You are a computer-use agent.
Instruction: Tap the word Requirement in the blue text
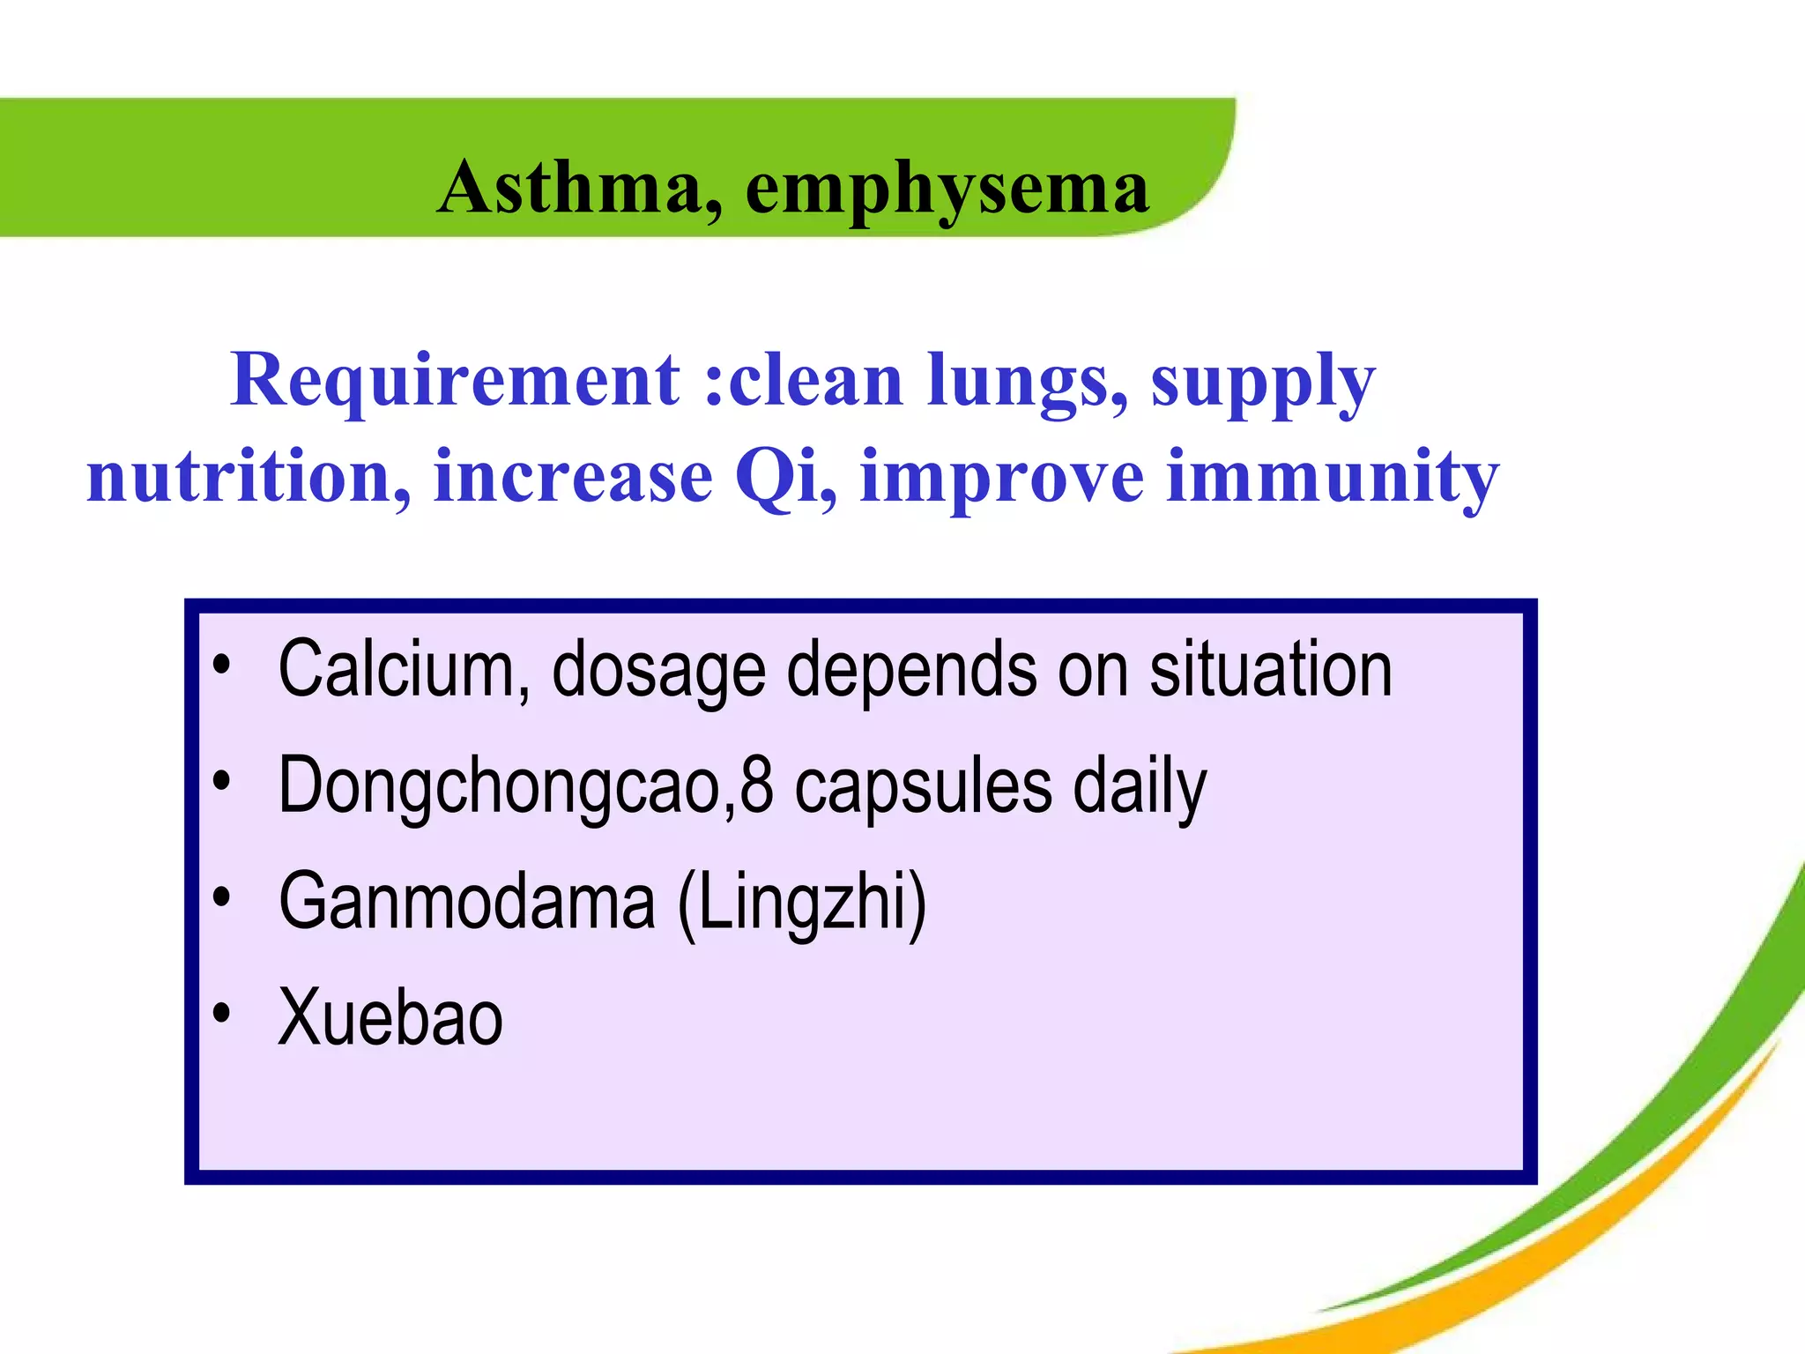click(456, 380)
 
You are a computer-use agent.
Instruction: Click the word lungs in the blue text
click(1027, 382)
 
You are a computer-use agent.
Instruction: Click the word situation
click(1270, 670)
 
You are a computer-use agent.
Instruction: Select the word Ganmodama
click(467, 902)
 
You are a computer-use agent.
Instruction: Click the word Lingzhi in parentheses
click(802, 902)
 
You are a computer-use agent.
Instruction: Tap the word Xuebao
click(390, 1018)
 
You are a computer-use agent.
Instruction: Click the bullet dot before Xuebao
click(222, 1014)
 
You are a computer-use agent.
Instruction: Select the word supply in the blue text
click(1262, 382)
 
